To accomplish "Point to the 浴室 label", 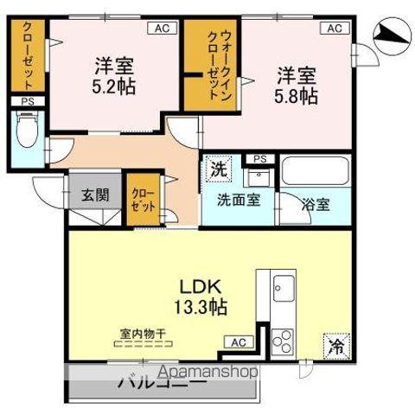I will [316, 205].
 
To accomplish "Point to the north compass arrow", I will [388, 34].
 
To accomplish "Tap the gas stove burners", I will [284, 340].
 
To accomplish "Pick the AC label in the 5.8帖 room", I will [333, 29].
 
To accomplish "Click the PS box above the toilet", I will [26, 102].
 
